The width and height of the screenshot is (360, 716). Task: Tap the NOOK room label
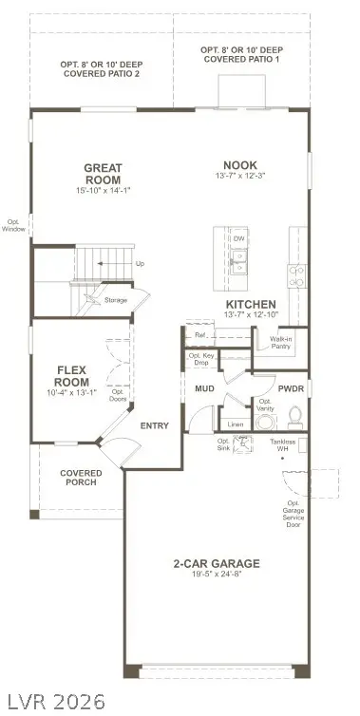240,163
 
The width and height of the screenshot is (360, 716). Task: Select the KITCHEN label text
251,303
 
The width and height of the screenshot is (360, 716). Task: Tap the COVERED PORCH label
81,479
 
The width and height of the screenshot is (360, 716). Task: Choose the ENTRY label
154,425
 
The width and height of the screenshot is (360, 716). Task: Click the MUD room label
204,389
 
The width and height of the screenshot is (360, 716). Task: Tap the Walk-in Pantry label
280,342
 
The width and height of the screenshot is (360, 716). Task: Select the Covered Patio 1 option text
244,54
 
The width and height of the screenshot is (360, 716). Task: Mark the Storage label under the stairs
116,300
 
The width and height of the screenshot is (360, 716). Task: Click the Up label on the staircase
141,263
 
